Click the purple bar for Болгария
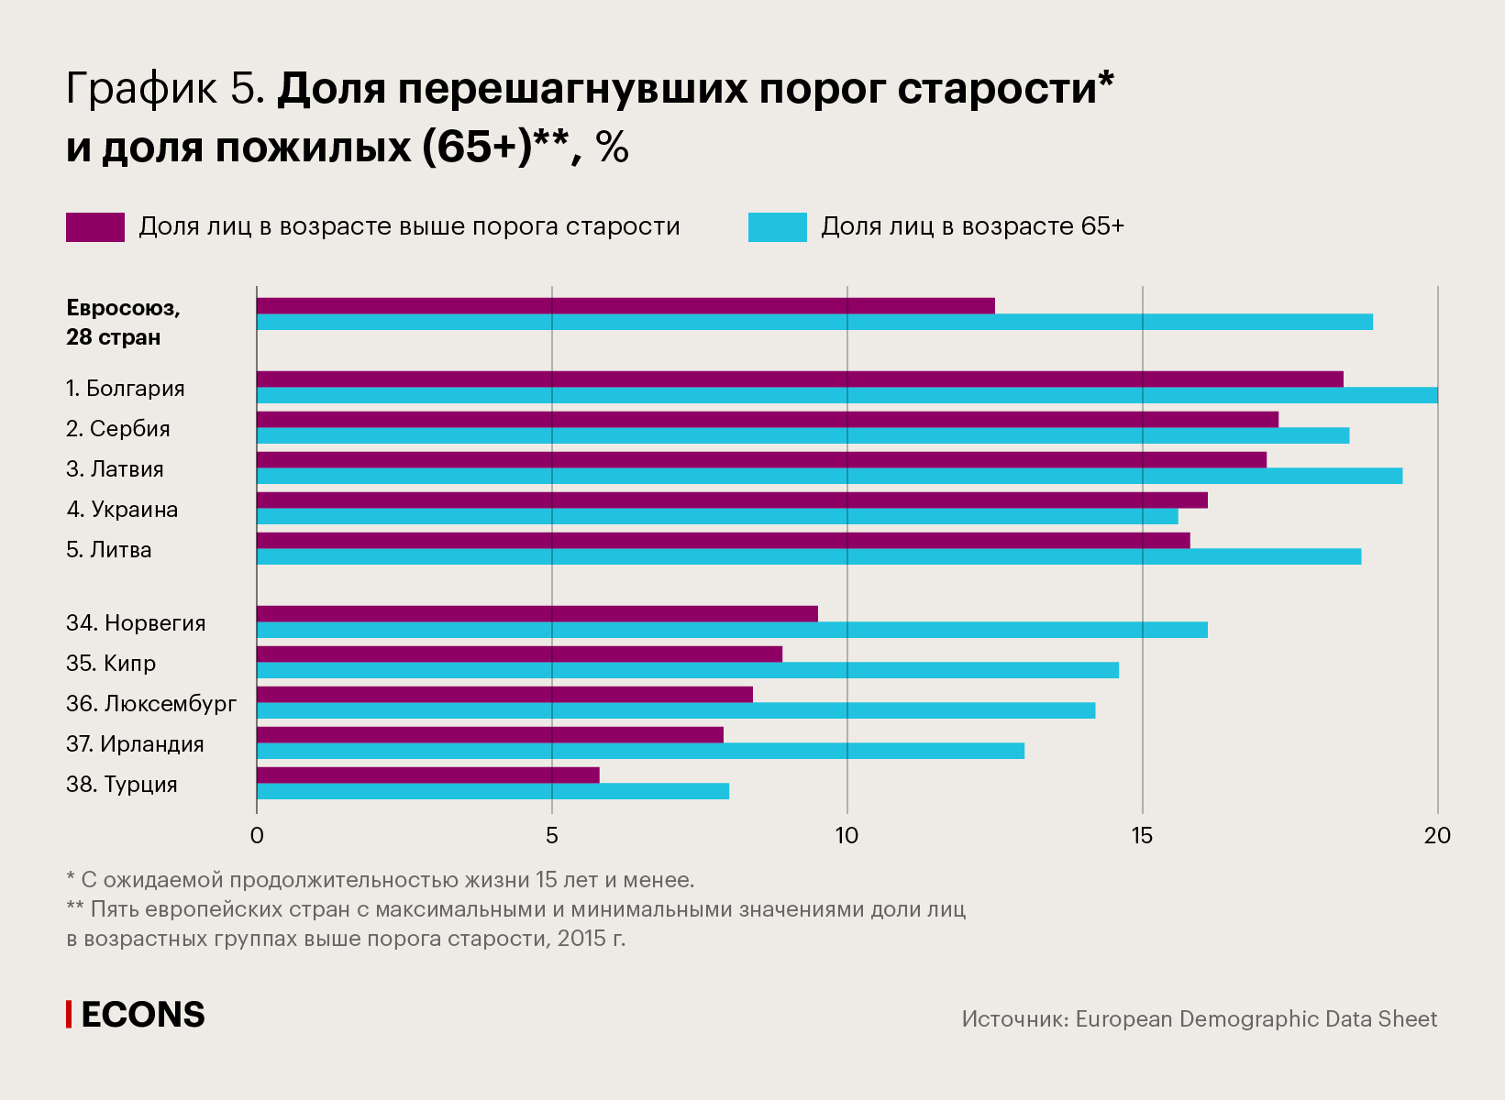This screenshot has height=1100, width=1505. (x=800, y=379)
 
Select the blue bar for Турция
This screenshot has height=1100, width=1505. (x=492, y=791)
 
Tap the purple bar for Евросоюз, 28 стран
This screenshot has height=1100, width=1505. (x=625, y=306)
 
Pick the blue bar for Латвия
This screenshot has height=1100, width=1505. (x=829, y=476)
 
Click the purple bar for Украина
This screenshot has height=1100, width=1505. (x=732, y=500)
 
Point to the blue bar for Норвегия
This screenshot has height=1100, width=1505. (x=732, y=630)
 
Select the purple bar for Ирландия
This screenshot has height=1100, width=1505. (x=490, y=735)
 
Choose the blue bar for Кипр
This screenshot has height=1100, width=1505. (x=688, y=670)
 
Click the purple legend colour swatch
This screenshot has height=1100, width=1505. (x=95, y=227)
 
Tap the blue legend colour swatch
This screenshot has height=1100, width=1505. (x=777, y=227)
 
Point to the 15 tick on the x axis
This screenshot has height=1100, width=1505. (x=1142, y=835)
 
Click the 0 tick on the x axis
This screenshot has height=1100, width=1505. (x=257, y=835)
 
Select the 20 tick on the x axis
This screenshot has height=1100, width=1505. (x=1437, y=835)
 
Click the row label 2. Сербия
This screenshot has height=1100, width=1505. (x=118, y=429)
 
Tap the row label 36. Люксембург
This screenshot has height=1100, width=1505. (x=151, y=704)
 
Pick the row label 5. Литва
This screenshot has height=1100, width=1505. (x=109, y=550)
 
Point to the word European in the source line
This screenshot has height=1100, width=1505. (x=1124, y=1019)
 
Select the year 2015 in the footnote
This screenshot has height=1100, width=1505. (x=581, y=939)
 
